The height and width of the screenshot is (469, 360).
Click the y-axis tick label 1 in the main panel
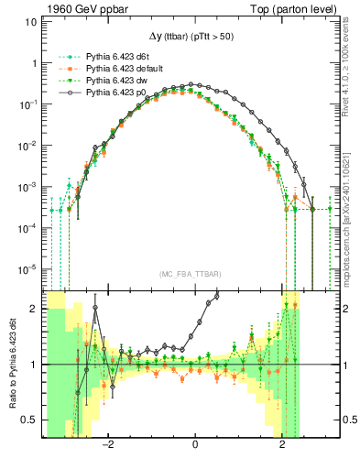34,64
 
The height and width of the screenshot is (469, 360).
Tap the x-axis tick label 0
195,446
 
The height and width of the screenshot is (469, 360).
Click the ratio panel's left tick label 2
34,310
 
